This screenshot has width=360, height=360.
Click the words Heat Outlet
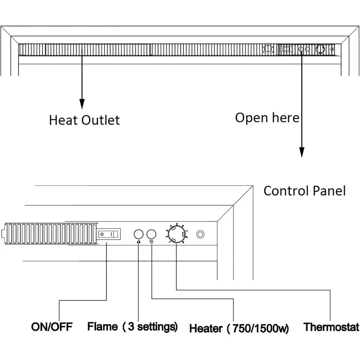click(x=84, y=120)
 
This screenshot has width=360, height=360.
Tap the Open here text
click(x=267, y=117)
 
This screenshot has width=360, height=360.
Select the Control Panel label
click(x=305, y=191)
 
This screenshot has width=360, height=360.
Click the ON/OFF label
click(x=52, y=327)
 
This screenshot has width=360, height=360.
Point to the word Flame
click(x=103, y=327)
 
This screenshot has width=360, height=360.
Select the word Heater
click(x=206, y=328)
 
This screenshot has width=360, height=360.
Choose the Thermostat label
click(x=331, y=327)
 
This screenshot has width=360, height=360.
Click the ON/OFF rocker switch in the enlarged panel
click(x=109, y=234)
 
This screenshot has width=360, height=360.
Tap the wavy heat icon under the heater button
click(x=152, y=242)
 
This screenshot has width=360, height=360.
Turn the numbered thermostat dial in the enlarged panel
click(x=176, y=235)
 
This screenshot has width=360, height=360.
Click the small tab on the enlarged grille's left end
click(x=4, y=235)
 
